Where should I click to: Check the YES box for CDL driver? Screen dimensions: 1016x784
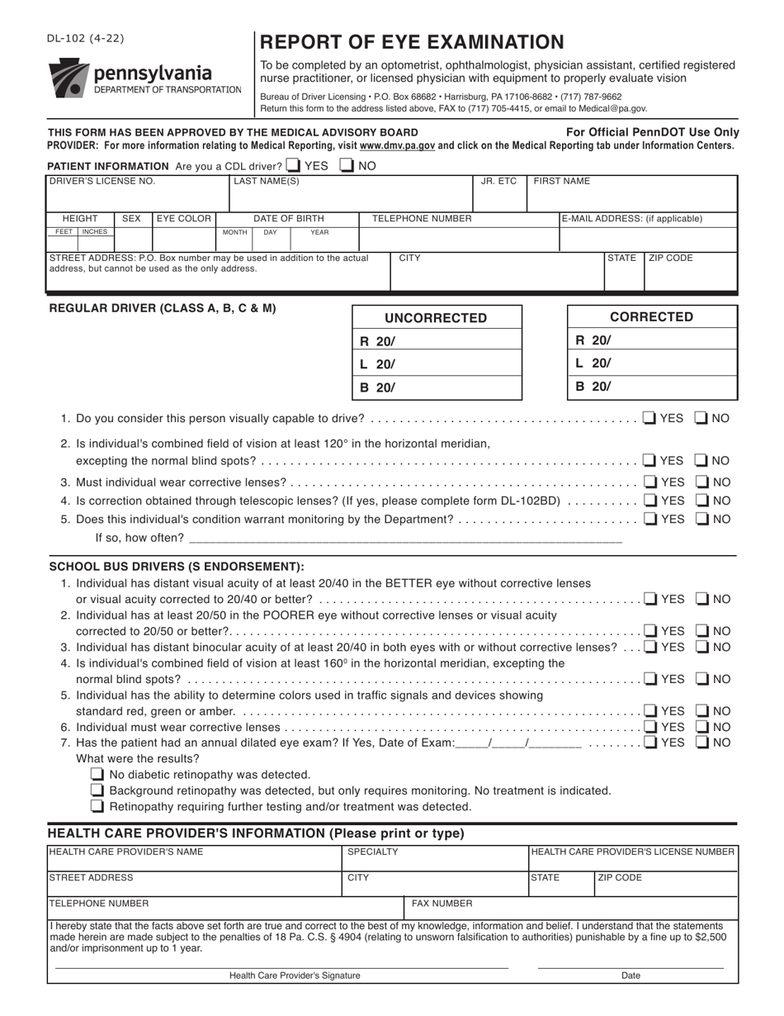(294, 165)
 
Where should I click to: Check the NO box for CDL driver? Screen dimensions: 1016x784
(347, 165)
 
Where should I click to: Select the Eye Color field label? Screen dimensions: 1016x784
(184, 219)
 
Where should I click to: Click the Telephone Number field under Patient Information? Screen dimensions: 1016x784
(459, 240)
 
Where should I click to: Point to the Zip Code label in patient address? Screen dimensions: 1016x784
(671, 259)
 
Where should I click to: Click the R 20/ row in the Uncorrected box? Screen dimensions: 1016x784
(437, 341)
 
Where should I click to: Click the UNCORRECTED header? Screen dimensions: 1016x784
(437, 318)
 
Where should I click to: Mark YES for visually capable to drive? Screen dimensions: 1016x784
(649, 418)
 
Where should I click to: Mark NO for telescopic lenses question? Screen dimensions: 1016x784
(701, 501)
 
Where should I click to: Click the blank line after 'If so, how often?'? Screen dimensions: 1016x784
(404, 538)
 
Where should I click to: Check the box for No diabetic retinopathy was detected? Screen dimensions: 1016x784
(97, 775)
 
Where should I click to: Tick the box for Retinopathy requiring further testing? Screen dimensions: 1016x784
(97, 806)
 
